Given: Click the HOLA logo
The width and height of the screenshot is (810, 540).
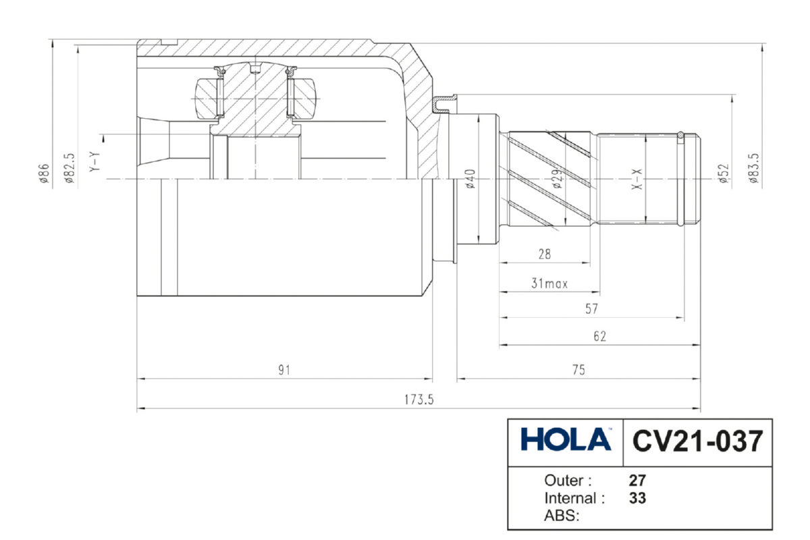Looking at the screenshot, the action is tap(566, 439).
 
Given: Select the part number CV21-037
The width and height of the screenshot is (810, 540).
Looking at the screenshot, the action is tap(697, 441).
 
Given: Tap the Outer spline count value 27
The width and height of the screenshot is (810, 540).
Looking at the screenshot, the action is tap(637, 481).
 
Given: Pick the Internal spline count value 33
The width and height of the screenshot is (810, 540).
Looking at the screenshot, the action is tap(637, 498).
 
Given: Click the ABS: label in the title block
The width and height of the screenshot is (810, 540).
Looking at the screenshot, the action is tap(562, 516).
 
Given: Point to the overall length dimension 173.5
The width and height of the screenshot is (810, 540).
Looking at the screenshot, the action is tap(418, 400).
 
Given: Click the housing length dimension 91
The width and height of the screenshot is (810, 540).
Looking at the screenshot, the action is tap(284, 370).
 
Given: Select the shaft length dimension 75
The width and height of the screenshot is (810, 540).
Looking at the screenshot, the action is tap(578, 370).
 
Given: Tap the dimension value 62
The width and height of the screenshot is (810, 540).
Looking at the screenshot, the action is tap(600, 336).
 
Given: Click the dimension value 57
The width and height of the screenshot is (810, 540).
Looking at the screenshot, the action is tap(592, 309).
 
